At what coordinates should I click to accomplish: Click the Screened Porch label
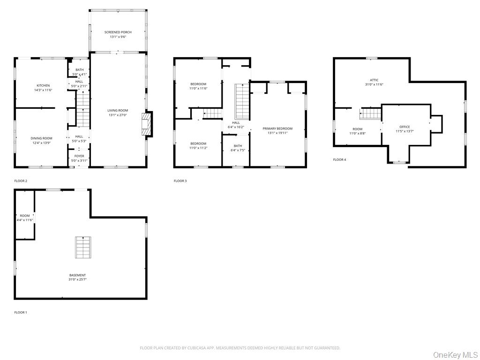[118, 32]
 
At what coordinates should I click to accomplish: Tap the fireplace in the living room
[146, 124]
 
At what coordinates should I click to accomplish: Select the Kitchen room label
[43, 86]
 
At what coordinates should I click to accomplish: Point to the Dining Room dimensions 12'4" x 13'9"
[41, 142]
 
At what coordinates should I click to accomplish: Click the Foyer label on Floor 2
[79, 156]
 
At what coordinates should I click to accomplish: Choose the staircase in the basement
[83, 247]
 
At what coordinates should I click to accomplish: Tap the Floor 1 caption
[21, 313]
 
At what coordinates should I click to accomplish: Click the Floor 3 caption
[180, 181]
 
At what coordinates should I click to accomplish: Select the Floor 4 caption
[339, 159]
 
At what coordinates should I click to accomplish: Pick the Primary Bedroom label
[277, 128]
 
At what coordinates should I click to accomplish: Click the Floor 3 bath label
[238, 146]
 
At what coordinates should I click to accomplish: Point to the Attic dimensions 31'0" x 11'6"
[374, 84]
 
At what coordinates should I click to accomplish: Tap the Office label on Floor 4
[405, 127]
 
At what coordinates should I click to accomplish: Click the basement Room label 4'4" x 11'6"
[25, 218]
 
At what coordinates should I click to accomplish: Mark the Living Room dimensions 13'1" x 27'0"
[118, 115]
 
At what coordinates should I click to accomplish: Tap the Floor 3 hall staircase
[242, 102]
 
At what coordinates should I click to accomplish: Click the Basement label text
[77, 275]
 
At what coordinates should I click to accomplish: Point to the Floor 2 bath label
[80, 70]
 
